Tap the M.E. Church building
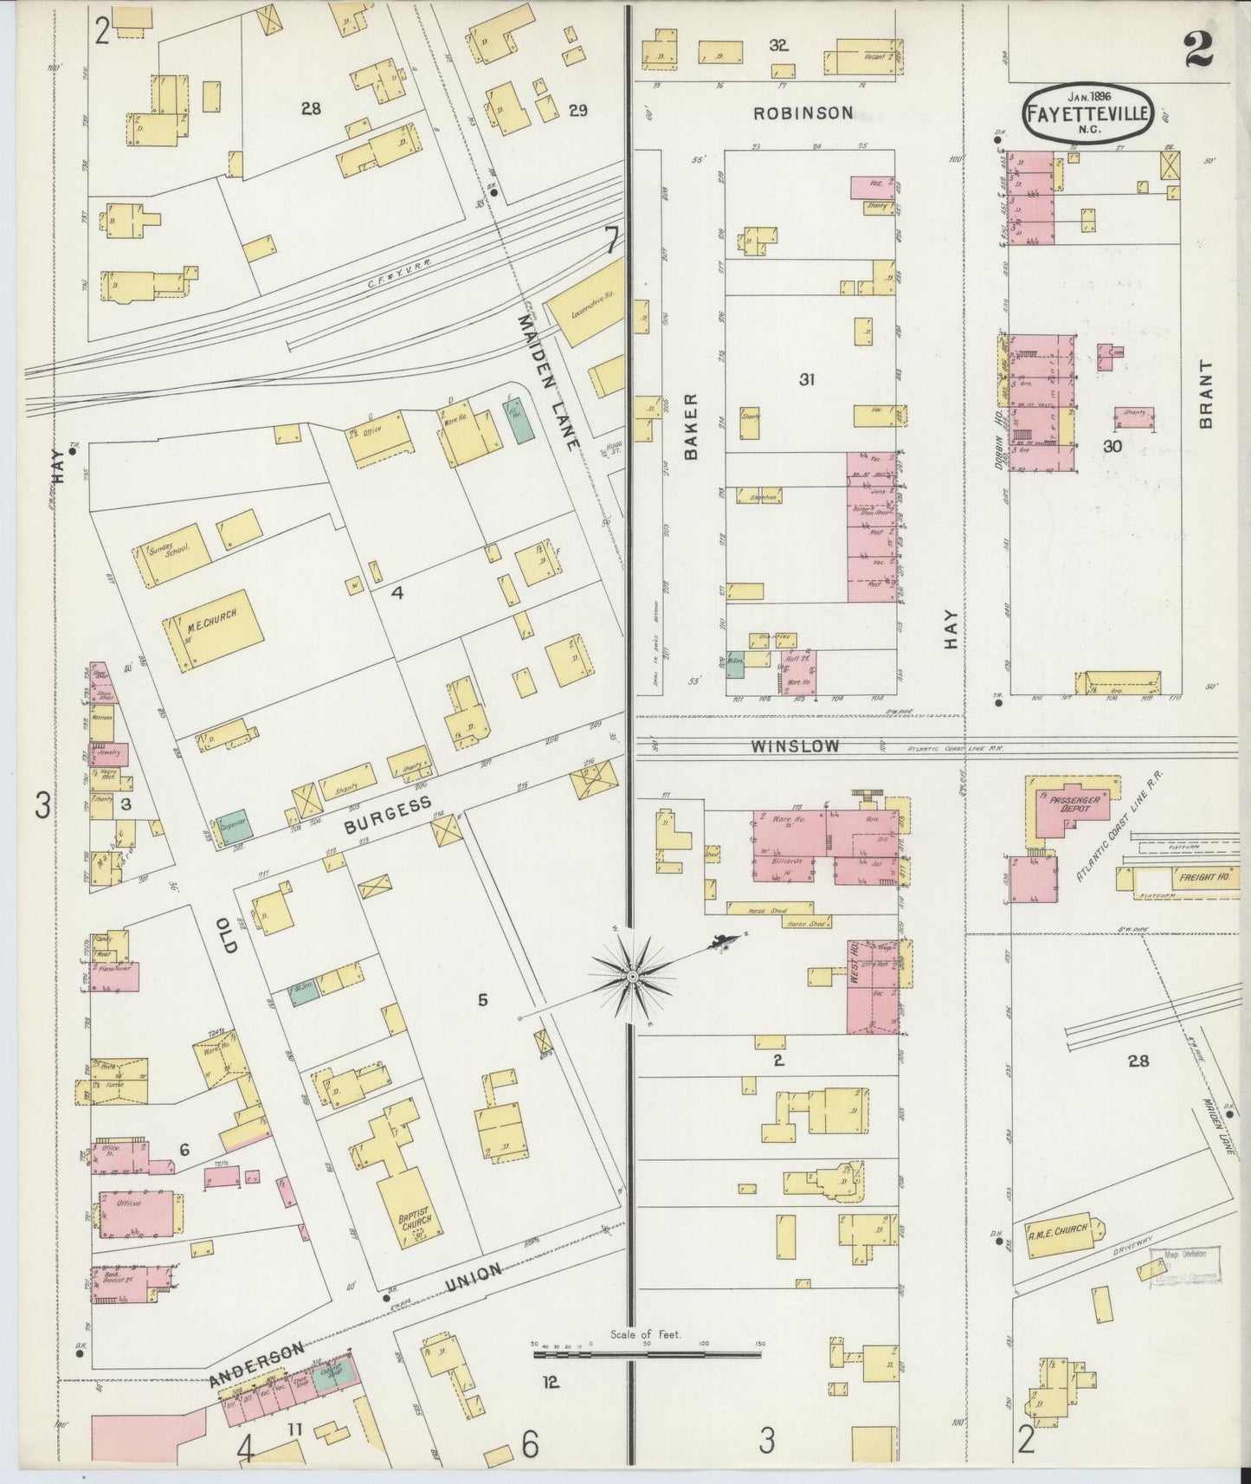tap(212, 629)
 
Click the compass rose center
tap(632, 976)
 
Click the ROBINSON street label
tap(803, 113)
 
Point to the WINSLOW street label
tap(795, 745)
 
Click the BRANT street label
tap(1206, 394)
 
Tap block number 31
tap(806, 378)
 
